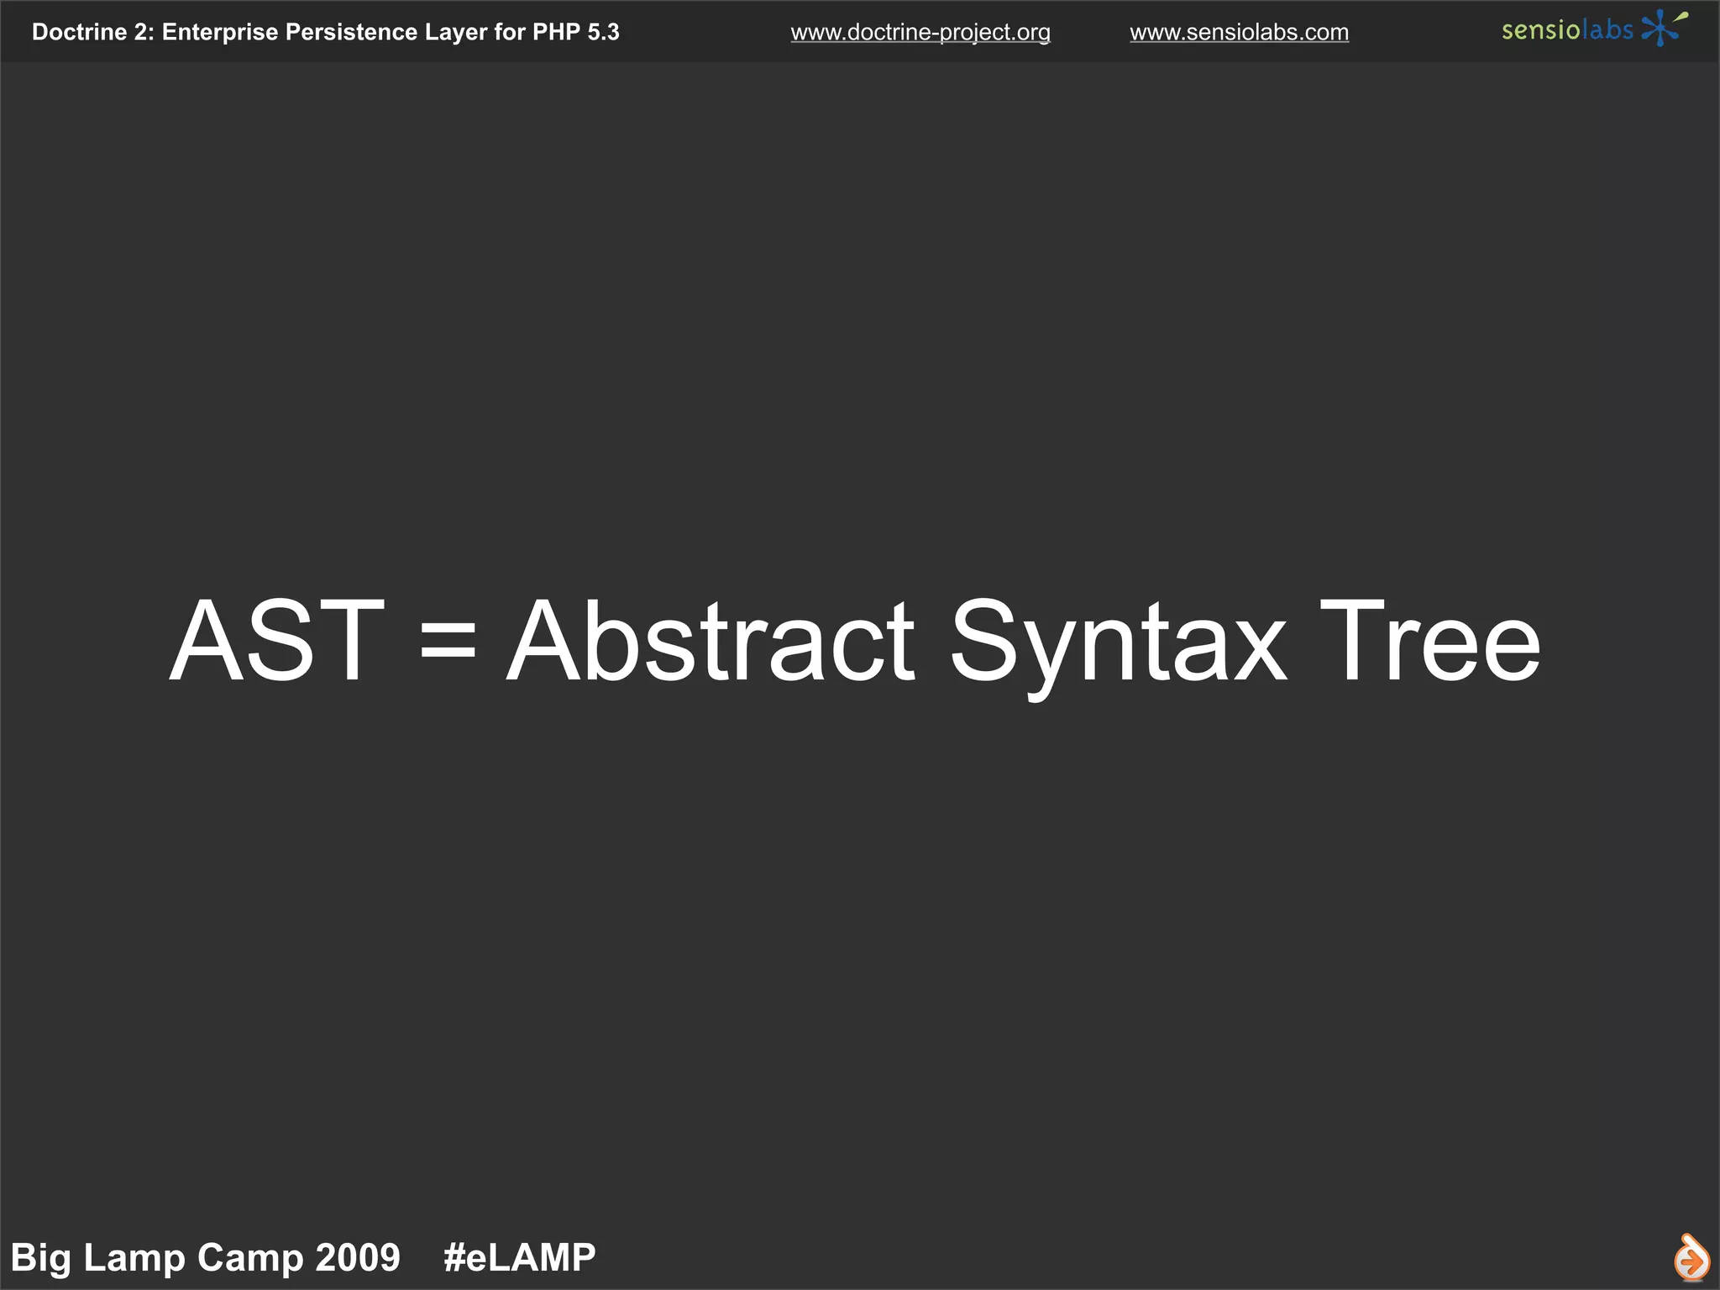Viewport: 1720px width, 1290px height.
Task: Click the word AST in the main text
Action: pos(276,642)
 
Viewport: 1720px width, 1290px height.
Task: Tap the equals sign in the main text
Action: pos(448,642)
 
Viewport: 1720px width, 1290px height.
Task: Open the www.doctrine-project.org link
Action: pos(920,33)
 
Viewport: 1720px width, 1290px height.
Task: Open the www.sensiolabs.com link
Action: pos(1239,33)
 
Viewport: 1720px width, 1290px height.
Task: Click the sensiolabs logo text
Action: pos(1567,31)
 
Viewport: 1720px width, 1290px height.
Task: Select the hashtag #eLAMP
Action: pos(519,1258)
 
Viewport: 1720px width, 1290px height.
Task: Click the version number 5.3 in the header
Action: pos(603,33)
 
